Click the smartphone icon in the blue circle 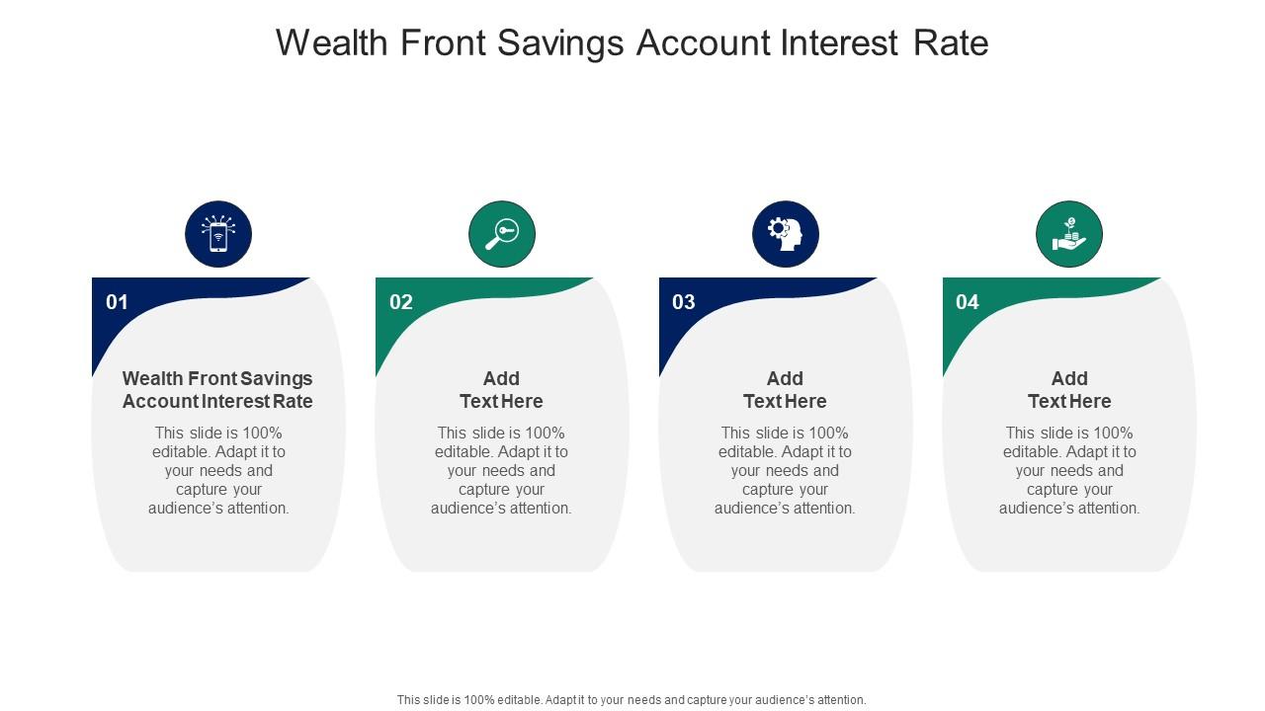[x=218, y=235]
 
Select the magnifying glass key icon [x=502, y=235]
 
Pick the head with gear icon [x=786, y=235]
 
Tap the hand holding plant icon [x=1069, y=235]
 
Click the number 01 [x=117, y=302]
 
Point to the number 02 [x=400, y=302]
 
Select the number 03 [x=684, y=302]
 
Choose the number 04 [x=968, y=302]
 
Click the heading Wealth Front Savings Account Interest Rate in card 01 [x=217, y=390]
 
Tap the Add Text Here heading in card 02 [x=501, y=390]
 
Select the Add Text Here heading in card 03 [x=785, y=390]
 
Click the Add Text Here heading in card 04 [x=1069, y=390]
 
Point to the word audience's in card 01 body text [x=185, y=509]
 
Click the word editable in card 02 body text [x=464, y=452]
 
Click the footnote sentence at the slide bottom [x=632, y=699]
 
